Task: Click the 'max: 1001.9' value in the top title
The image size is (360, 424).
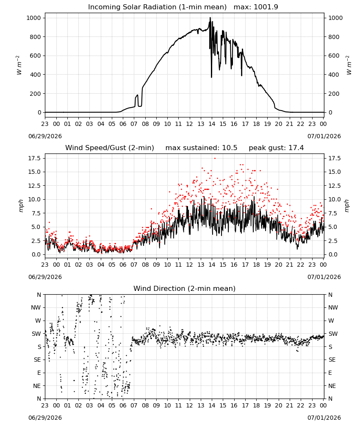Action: coord(256,7)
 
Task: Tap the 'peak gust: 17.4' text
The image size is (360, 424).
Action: coord(276,148)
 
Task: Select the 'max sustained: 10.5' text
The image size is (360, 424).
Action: coord(201,148)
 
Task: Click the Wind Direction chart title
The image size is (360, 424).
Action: coord(185,288)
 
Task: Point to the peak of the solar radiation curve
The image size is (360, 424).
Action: coord(210,17)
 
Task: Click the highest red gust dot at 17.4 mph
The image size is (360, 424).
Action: coord(215,158)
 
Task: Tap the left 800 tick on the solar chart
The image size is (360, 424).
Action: coord(35,37)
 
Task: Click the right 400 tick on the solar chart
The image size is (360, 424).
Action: coord(334,75)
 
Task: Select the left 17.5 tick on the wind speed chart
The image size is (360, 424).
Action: coord(35,158)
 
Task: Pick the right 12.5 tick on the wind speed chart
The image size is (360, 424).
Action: coord(334,186)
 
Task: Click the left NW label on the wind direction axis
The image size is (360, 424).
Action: coord(36,308)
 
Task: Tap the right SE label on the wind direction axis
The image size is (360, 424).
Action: coord(332,360)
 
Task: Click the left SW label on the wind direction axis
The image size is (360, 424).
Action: coord(36,334)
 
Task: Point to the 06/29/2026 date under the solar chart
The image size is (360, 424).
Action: coord(45,136)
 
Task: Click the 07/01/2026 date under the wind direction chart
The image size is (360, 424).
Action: coord(324,418)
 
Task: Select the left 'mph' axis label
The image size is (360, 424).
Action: coord(21,206)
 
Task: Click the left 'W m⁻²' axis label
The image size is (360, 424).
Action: coord(19,65)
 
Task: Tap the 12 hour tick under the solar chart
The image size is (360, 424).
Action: coord(190,124)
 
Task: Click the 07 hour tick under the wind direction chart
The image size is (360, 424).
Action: coord(134,405)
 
